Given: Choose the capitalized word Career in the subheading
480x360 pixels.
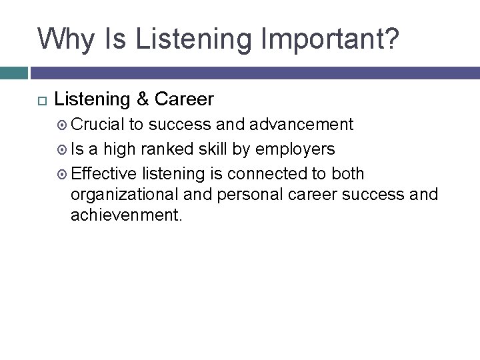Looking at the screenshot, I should coord(184,99).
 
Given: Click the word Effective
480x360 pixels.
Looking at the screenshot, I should coord(103,173).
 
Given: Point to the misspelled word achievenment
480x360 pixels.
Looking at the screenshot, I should coord(125,216).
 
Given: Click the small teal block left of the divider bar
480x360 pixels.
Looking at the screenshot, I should coord(13,73).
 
